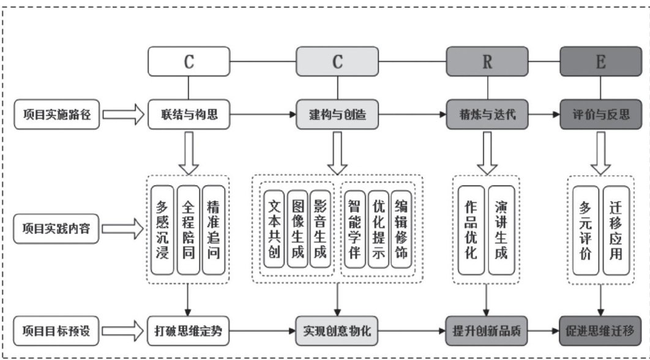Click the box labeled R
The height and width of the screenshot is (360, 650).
coord(487,62)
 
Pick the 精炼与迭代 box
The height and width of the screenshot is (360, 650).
coord(487,114)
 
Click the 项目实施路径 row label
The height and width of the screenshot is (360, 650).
coord(56,114)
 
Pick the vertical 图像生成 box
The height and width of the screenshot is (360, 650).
coord(297,228)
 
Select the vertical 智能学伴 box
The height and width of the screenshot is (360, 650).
coord(354,228)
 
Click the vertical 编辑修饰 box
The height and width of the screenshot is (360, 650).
coord(401,228)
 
